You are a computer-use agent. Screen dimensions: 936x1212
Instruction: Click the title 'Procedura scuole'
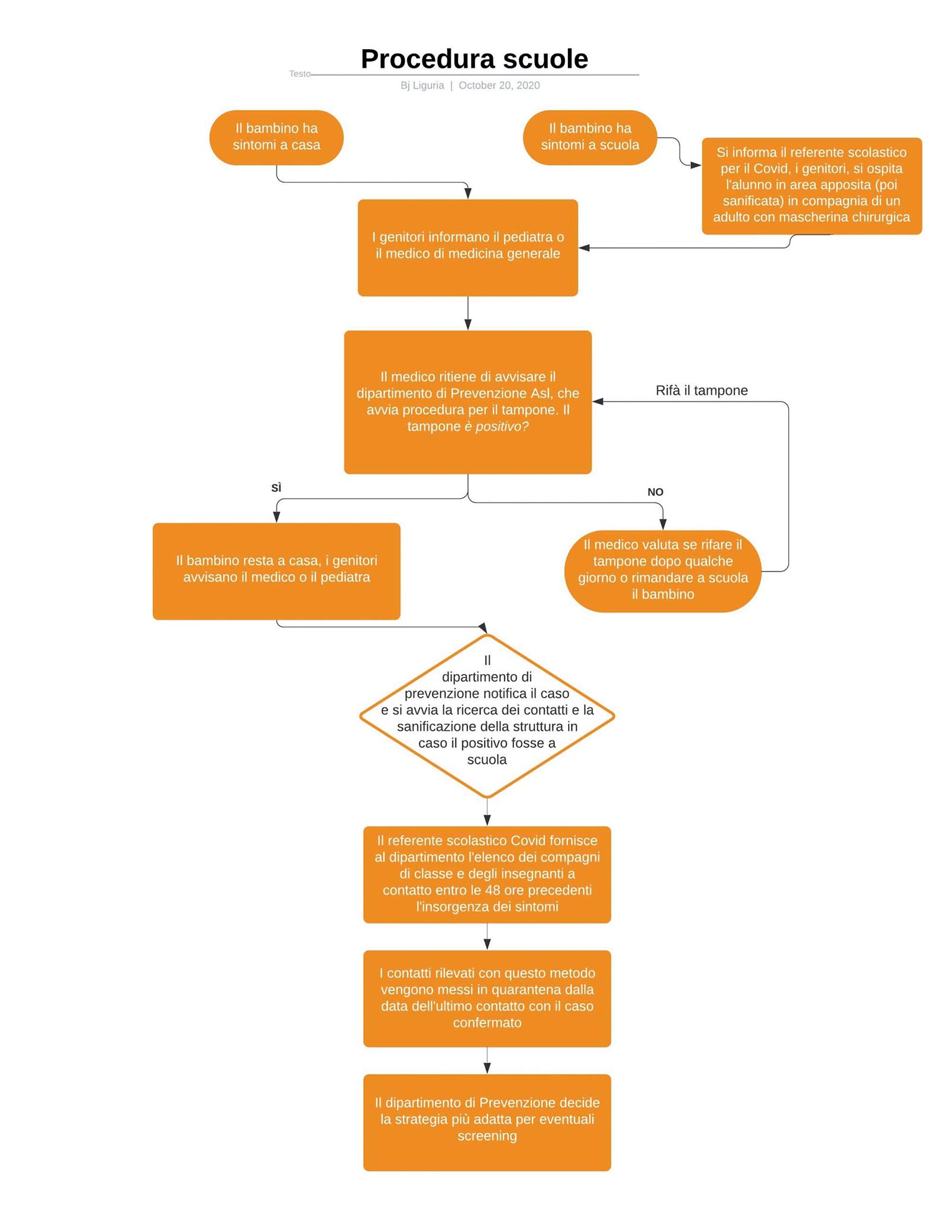474,59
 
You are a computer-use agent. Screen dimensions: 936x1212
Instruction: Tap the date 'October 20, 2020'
499,85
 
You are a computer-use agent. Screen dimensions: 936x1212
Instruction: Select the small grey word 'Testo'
299,74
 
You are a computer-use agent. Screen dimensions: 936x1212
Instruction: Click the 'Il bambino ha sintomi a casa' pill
276,137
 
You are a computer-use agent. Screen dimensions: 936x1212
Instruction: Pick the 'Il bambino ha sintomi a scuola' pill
590,137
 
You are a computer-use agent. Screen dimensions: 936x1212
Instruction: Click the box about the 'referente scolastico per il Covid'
812,186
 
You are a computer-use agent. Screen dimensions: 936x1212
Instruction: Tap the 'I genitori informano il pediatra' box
467,247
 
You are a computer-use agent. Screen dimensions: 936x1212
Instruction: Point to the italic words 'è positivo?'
496,427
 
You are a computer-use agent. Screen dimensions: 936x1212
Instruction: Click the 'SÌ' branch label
276,488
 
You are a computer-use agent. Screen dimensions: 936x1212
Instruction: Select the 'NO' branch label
655,492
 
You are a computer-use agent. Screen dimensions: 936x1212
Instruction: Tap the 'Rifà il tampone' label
702,391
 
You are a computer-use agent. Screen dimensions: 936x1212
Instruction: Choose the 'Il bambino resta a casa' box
276,571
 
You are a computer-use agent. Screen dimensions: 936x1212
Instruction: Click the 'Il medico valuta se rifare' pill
663,571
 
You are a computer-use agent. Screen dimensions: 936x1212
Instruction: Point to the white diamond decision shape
487,716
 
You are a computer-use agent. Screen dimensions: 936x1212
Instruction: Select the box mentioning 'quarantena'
487,999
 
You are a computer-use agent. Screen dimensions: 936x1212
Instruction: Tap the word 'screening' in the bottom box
487,1136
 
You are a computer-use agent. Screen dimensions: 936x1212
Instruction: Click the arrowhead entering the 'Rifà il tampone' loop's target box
598,402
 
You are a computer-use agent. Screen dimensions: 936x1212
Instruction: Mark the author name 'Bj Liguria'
422,85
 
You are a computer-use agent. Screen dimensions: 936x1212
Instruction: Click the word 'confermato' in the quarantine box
487,1023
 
